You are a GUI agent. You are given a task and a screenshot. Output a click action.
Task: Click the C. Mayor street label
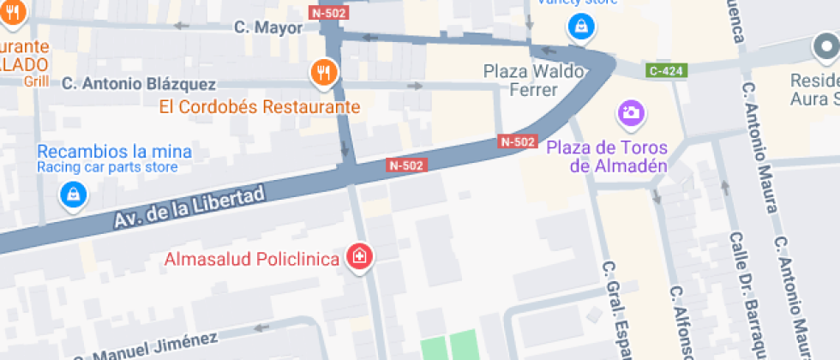point(268,27)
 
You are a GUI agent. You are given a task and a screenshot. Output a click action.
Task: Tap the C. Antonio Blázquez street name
point(139,84)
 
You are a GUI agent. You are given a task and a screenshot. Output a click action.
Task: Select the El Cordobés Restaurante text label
point(260,108)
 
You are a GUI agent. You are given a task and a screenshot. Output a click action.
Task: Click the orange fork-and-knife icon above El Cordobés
point(324,73)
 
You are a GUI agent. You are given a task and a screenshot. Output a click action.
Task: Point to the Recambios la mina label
point(114,152)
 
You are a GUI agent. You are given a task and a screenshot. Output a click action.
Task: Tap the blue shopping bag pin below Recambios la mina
point(74,195)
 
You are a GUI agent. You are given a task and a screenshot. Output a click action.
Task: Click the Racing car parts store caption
point(107,167)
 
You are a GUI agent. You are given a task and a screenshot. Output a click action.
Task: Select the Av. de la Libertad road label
point(189,207)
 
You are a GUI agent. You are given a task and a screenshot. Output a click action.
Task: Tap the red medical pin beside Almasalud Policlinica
point(360,256)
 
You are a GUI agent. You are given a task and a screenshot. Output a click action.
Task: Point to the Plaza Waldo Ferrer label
point(521,80)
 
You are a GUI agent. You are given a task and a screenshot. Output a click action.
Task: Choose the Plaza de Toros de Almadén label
point(607,157)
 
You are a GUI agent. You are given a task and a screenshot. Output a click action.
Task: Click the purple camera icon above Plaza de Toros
point(630,112)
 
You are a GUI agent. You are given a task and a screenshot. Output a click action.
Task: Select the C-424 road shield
point(666,71)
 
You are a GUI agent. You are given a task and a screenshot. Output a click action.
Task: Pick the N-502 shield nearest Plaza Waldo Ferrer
point(518,141)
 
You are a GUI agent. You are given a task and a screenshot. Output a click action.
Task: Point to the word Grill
point(37,81)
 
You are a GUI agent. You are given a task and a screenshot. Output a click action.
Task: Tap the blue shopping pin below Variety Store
point(581,27)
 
